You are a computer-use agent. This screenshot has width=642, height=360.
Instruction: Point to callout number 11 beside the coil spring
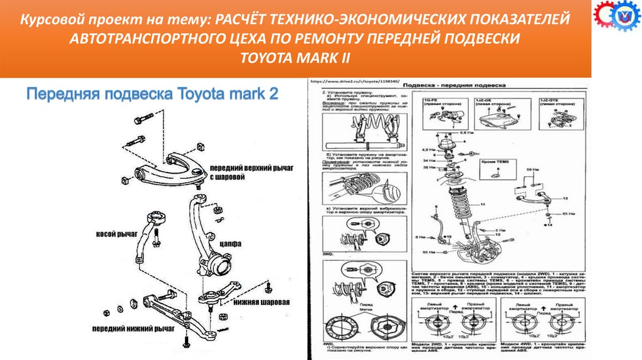tap(481, 204)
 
